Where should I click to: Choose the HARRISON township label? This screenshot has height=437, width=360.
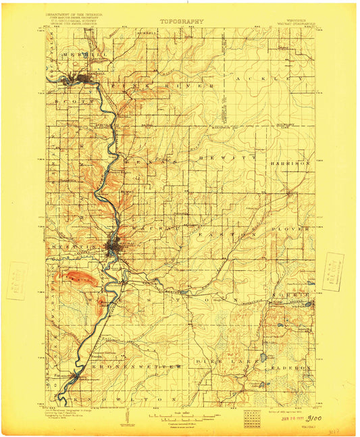[x=291, y=163]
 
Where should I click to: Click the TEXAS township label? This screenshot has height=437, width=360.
[x=147, y=164]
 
